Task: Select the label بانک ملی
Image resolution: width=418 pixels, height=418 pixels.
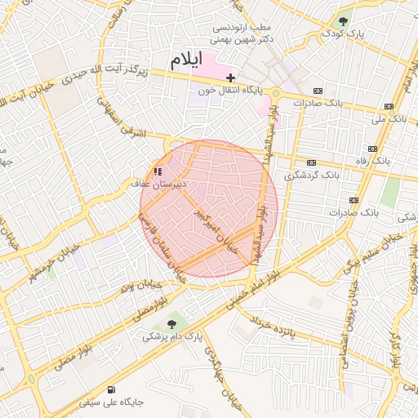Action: (x=389, y=119)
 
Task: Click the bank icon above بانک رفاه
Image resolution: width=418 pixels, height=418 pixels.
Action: (x=372, y=149)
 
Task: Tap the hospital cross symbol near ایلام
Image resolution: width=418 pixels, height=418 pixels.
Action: (x=231, y=77)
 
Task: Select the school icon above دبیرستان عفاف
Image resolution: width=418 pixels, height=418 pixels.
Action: (x=157, y=172)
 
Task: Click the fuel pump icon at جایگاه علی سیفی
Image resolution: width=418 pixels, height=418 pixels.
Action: (x=111, y=389)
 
